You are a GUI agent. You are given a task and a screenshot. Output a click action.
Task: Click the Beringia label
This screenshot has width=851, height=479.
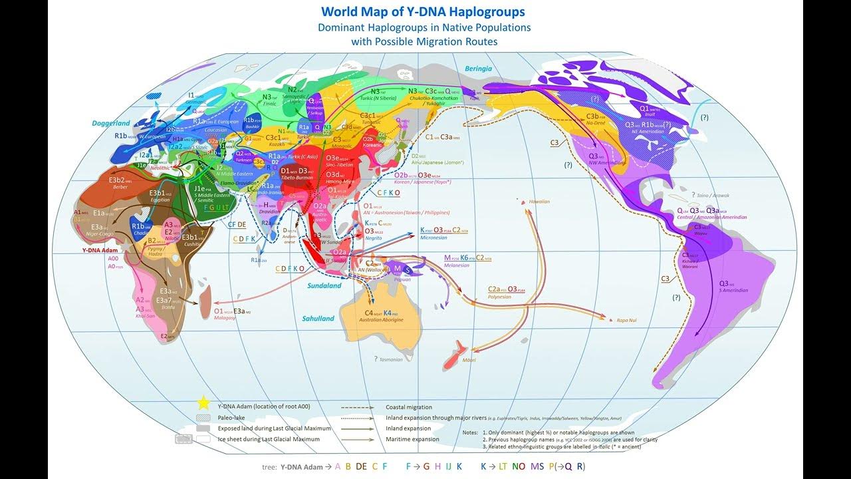pos(478,69)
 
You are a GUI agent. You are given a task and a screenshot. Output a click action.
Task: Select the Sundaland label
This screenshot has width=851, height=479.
pos(324,285)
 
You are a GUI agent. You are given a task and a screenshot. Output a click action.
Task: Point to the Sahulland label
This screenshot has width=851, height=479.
pos(318,319)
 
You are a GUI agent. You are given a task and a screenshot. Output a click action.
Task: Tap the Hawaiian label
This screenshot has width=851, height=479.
pos(540,202)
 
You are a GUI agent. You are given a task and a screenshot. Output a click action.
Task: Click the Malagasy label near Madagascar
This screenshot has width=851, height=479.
pos(225,318)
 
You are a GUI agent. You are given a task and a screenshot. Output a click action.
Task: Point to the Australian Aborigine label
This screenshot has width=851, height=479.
pos(381,320)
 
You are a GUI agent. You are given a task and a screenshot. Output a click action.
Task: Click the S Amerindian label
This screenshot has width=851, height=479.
pos(733,290)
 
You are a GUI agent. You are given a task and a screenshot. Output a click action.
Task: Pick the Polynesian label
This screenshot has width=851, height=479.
pos(499,297)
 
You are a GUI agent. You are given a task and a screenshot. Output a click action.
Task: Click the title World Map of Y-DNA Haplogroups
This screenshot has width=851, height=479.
pos(424,12)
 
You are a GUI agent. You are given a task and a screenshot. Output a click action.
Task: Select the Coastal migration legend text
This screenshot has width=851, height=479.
pos(408,407)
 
